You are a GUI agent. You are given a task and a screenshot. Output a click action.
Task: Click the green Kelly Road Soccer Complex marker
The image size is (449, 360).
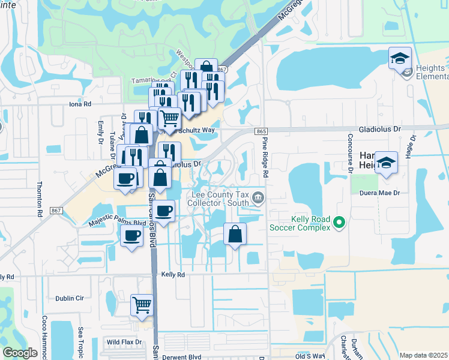339,223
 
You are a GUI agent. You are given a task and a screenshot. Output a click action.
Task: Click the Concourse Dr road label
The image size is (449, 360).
348,159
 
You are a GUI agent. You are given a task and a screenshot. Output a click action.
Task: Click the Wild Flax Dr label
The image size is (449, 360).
124,343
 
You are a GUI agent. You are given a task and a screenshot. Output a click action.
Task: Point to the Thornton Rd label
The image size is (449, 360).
40,198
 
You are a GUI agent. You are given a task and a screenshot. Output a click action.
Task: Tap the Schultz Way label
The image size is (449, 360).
194,130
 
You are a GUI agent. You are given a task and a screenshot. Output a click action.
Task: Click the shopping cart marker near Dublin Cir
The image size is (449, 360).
142,305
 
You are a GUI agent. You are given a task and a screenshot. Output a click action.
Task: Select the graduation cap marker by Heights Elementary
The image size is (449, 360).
400,58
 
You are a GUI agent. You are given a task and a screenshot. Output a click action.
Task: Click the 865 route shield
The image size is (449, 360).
261,131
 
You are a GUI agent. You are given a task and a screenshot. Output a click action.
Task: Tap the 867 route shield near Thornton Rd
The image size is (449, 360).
55,210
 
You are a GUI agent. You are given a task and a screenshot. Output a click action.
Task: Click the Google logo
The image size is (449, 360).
20,353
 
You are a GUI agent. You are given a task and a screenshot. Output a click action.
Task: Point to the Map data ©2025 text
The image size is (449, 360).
424,355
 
